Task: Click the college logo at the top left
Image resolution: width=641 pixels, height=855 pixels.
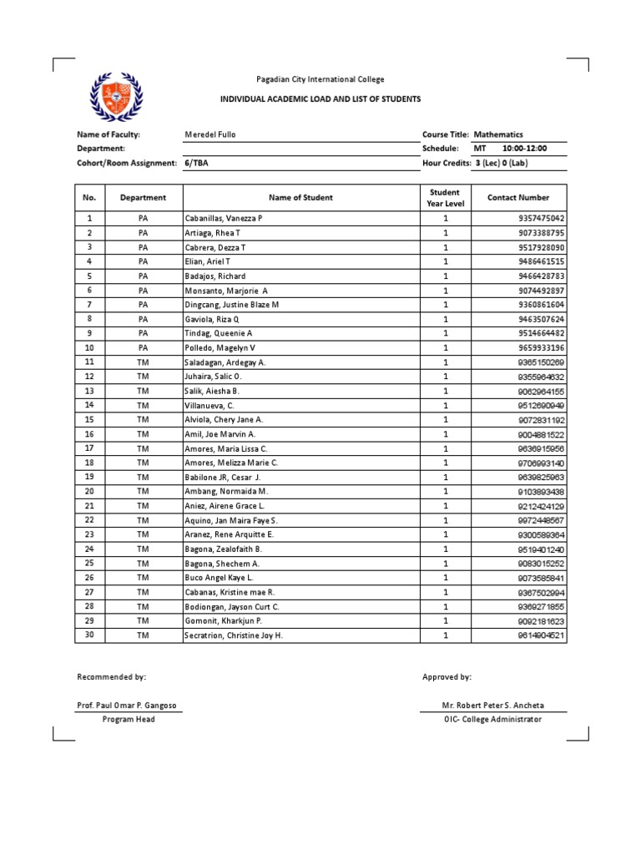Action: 116,96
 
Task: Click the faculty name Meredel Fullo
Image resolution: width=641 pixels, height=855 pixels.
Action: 209,134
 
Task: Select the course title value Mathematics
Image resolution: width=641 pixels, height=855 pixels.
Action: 498,134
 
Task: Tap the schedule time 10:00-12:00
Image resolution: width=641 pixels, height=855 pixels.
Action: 524,149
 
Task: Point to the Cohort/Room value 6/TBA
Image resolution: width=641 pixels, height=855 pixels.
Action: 196,163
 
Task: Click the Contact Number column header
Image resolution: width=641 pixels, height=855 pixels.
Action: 518,198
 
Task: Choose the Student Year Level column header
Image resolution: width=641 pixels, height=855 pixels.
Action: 445,198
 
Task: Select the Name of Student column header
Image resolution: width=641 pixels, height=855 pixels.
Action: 300,198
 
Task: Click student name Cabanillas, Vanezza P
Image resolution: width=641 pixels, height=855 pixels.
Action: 223,218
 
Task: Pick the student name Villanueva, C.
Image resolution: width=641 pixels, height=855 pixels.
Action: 209,405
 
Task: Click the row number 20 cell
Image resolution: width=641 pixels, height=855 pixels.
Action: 89,492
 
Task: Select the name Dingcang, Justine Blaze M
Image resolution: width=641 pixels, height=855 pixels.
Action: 231,305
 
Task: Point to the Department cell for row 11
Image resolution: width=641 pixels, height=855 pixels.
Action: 143,362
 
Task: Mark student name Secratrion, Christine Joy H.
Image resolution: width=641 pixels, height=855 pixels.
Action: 234,635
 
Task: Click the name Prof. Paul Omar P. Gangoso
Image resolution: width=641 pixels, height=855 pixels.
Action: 126,706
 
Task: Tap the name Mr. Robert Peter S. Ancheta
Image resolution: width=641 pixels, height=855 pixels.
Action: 492,706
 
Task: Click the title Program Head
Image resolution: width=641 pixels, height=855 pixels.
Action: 128,720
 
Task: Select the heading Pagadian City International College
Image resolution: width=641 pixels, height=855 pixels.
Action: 320,80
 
